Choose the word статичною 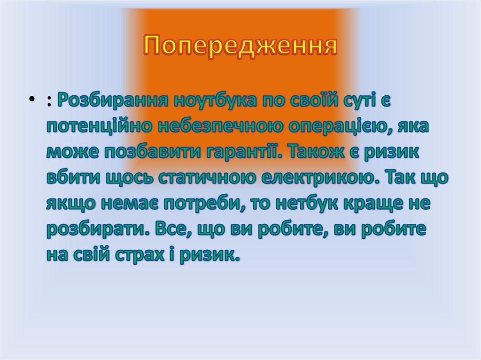click(204, 178)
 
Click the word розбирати click(93, 230)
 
